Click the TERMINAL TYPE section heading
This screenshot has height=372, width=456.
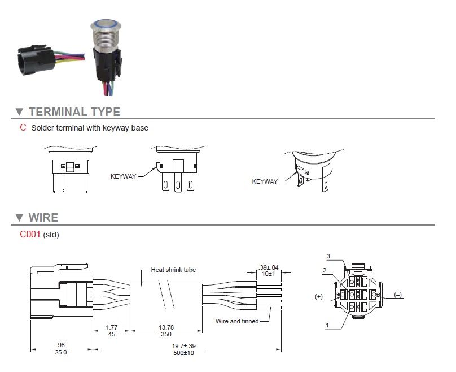click(74, 112)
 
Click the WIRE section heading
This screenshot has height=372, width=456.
click(43, 218)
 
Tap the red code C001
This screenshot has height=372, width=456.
click(30, 234)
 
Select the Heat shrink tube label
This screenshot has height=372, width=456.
click(173, 270)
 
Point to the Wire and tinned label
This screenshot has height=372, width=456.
click(237, 321)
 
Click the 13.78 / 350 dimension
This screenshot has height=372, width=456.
click(166, 331)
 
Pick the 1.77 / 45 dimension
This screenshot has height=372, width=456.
click(112, 331)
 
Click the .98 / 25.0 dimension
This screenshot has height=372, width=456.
click(61, 348)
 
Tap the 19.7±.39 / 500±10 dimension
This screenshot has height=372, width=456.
click(183, 349)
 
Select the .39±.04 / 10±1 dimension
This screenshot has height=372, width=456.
click(269, 271)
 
